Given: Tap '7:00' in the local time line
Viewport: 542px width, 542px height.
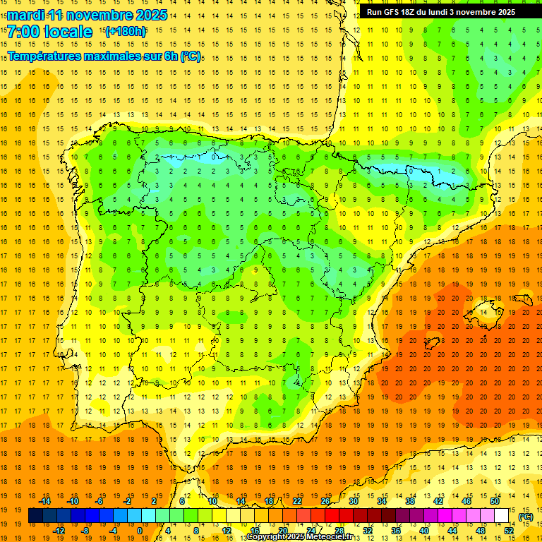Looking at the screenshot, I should [23, 32].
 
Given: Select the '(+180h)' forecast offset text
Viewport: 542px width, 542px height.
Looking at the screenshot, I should [125, 31].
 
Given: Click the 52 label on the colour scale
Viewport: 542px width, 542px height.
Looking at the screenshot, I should [509, 531].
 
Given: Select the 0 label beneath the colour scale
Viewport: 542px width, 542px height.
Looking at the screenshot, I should [140, 531].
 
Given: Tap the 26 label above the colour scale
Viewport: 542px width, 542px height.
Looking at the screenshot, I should [325, 501].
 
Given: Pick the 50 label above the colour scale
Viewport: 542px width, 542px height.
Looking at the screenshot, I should [495, 501].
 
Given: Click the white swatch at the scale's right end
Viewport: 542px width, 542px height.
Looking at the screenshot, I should [501, 516].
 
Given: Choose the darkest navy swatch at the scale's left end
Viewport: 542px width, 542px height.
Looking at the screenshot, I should [35, 516].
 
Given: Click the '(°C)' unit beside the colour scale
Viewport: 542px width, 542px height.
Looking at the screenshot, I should [526, 516].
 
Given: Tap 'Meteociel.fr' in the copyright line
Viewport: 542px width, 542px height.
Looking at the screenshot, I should [328, 537].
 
